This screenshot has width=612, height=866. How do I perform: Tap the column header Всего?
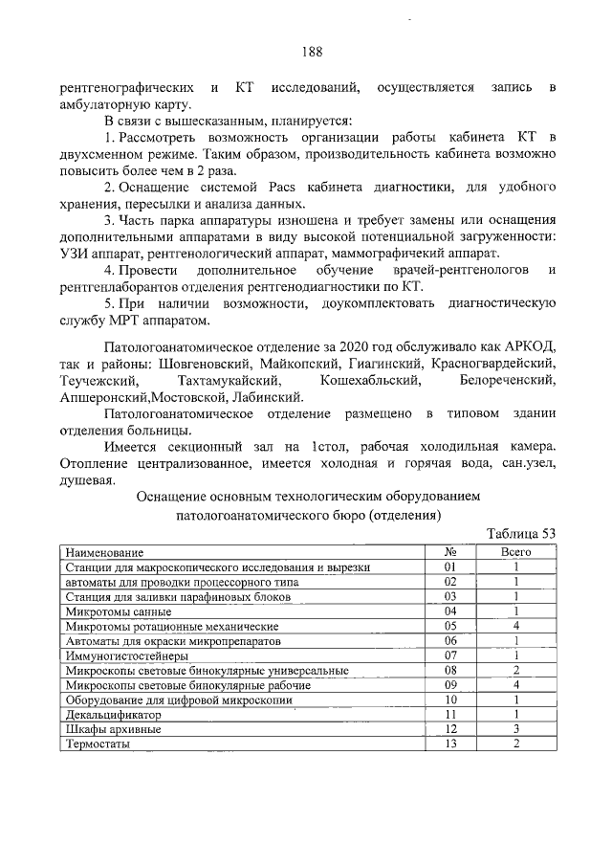pos(515,553)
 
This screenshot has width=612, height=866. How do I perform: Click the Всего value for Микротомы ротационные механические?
pos(515,627)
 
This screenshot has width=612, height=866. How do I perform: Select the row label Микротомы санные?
pos(119,611)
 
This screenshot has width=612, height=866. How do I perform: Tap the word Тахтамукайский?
pos(227,381)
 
